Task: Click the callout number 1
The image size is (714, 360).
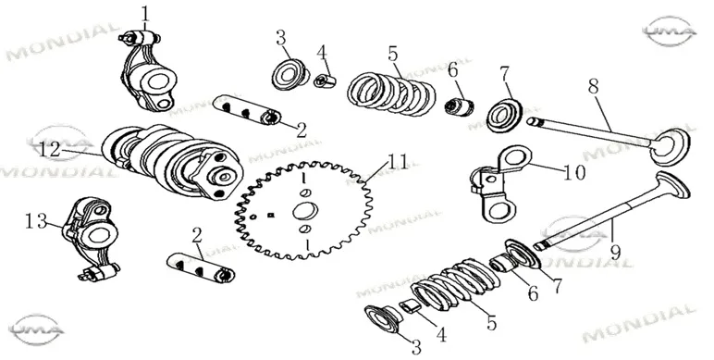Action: pyautogui.click(x=145, y=14)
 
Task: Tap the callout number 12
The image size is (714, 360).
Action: pyautogui.click(x=50, y=150)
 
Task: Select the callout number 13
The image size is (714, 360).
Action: pyautogui.click(x=36, y=222)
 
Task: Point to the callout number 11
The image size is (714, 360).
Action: pyautogui.click(x=398, y=162)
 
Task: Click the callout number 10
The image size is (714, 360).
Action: pyautogui.click(x=574, y=173)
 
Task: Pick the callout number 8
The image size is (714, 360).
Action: pyautogui.click(x=594, y=86)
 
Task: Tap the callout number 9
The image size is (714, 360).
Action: pyautogui.click(x=616, y=252)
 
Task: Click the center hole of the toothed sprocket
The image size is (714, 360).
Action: pyautogui.click(x=305, y=211)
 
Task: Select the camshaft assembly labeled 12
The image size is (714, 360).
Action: pyautogui.click(x=172, y=163)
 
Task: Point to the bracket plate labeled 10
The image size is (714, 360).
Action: pyautogui.click(x=499, y=184)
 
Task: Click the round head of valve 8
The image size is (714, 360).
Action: pyautogui.click(x=670, y=146)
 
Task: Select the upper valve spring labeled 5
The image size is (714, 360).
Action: pyautogui.click(x=391, y=93)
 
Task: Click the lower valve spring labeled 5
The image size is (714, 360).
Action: pyautogui.click(x=452, y=283)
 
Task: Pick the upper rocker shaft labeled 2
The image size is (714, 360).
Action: pyautogui.click(x=246, y=110)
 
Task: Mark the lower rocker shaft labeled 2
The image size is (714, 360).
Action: pyautogui.click(x=201, y=267)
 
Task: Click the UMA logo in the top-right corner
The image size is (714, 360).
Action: pyautogui.click(x=670, y=31)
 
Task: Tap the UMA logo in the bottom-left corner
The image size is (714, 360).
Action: pyautogui.click(x=36, y=329)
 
